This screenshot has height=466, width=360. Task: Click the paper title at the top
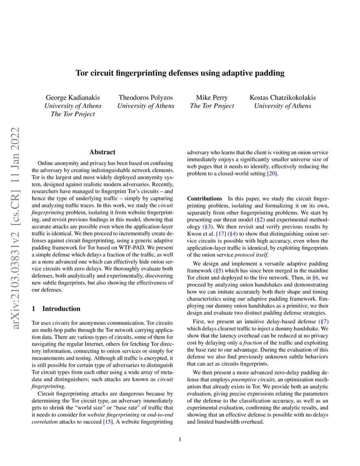180,73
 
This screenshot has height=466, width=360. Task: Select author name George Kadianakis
73,97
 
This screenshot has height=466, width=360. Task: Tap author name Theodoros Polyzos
146,97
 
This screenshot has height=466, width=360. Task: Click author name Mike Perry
212,97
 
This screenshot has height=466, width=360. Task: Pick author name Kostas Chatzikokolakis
283,97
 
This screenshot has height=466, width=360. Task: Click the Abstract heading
102,152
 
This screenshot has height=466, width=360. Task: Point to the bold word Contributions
204,199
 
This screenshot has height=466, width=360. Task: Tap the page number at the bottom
180,440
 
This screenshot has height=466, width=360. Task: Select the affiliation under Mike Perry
212,106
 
